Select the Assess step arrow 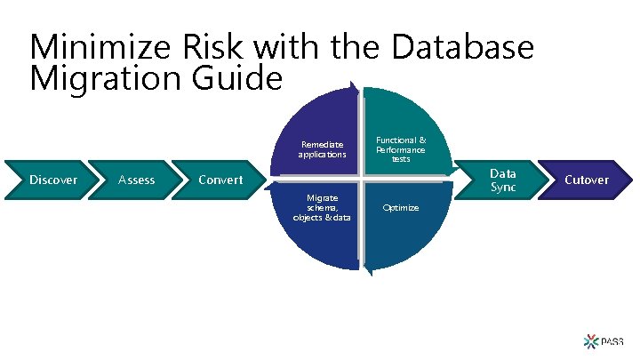[x=136, y=180]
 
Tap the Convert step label [x=220, y=180]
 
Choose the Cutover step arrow [x=586, y=180]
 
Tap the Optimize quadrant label [x=400, y=207]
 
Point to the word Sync [x=503, y=187]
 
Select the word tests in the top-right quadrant [x=401, y=159]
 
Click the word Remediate [x=322, y=143]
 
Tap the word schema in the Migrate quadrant [x=321, y=207]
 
